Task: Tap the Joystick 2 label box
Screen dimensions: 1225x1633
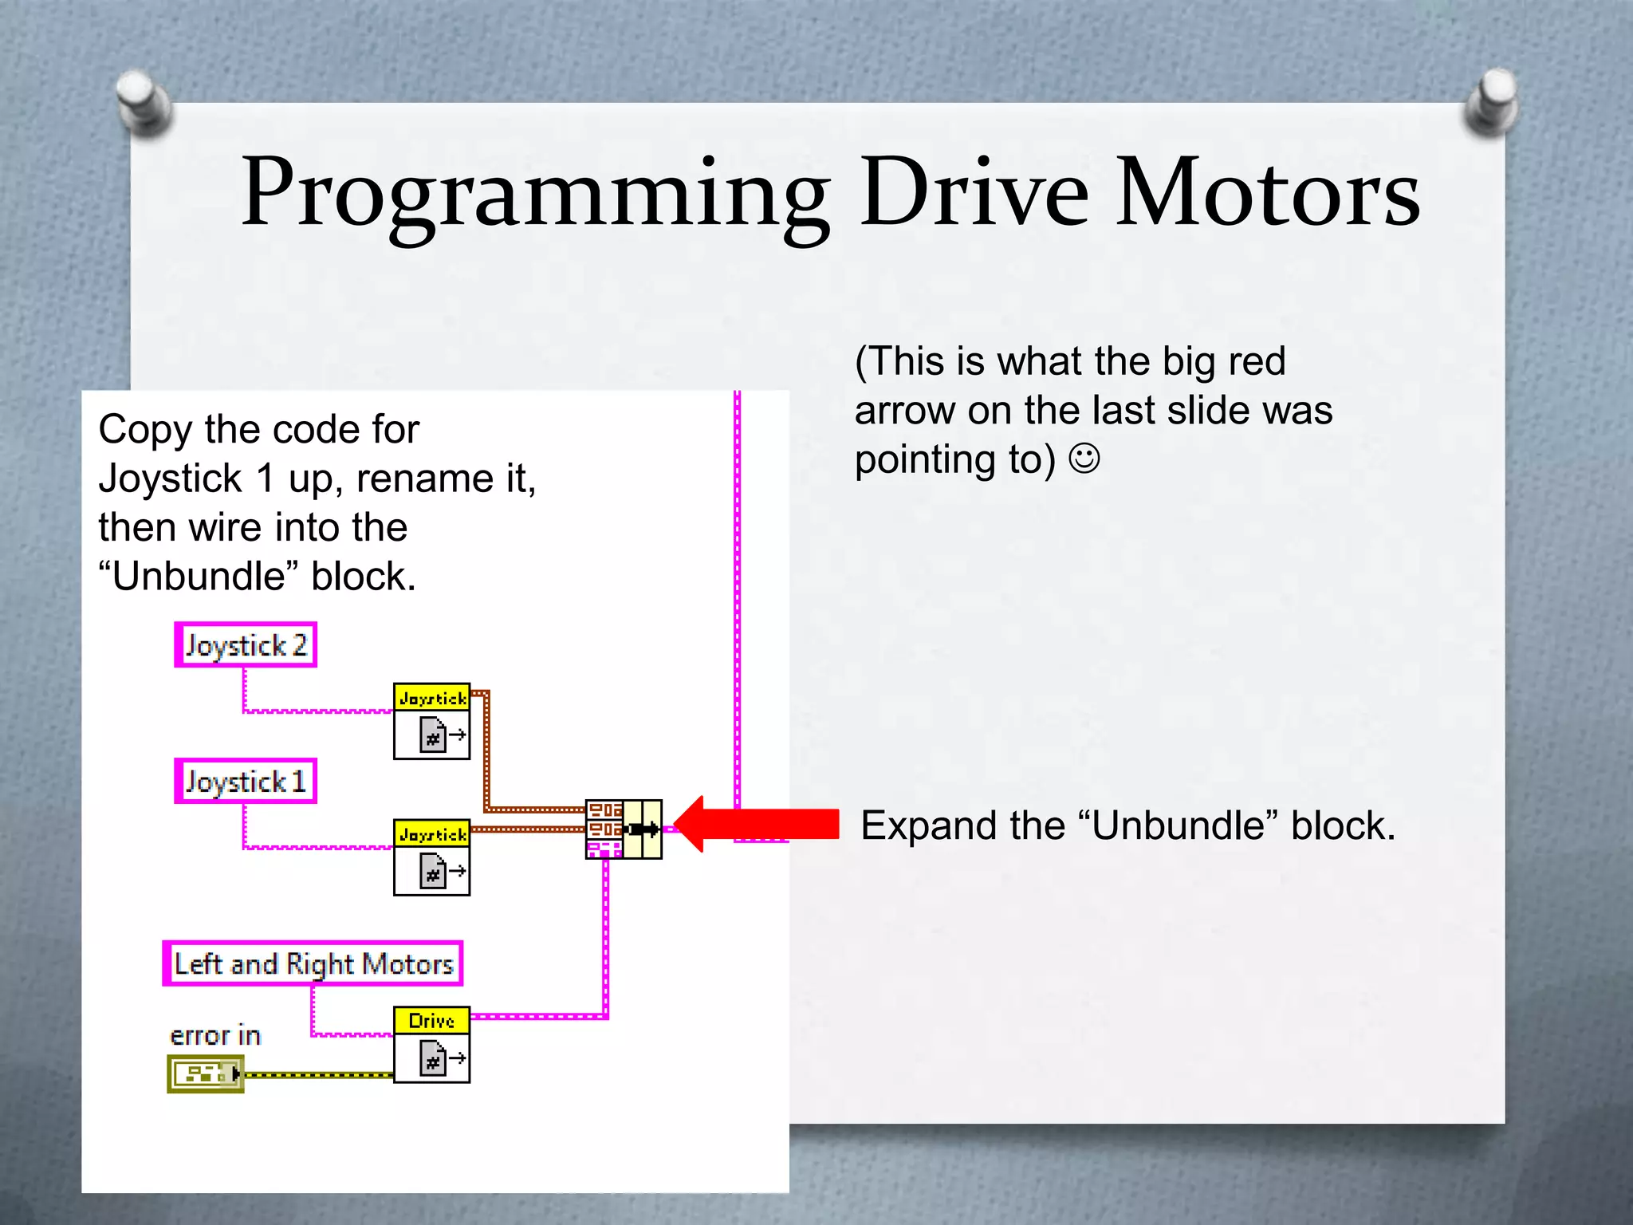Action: [x=246, y=644]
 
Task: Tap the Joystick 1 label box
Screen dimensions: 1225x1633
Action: [x=246, y=781]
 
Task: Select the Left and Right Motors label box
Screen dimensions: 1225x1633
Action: [x=313, y=963]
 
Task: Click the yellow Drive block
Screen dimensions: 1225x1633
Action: [x=431, y=1045]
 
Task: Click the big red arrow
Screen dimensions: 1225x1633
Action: [x=757, y=824]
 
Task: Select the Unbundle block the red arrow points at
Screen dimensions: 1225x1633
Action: [x=624, y=829]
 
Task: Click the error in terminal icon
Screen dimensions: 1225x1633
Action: [x=205, y=1073]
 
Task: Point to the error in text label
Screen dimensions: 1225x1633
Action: [x=215, y=1035]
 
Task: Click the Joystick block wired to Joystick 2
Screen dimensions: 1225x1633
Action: [x=431, y=721]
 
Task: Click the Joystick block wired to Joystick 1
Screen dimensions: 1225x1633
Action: [x=431, y=857]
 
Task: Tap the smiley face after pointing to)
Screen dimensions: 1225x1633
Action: [x=1084, y=459]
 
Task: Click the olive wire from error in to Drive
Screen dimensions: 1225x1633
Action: [x=319, y=1075]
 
